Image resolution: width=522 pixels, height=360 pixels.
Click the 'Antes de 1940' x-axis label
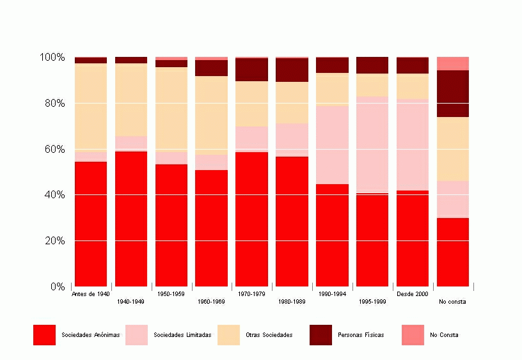coord(91,294)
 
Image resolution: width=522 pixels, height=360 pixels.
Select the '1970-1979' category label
coord(251,294)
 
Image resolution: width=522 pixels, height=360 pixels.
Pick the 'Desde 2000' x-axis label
coord(413,294)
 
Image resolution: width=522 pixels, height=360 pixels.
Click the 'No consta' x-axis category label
coord(452,302)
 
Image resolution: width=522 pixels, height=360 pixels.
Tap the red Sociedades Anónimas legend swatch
coord(44,335)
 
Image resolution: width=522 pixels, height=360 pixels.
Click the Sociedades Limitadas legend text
coord(182,335)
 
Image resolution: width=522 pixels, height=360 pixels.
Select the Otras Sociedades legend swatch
coord(228,335)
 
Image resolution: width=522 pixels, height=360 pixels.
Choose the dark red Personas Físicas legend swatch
coord(320,335)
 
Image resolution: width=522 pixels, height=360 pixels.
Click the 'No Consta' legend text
coord(444,335)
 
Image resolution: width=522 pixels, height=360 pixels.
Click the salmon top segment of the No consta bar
coord(453,63)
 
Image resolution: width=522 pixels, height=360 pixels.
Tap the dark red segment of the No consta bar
coord(453,93)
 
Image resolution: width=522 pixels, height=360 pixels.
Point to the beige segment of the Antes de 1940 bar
coord(91,107)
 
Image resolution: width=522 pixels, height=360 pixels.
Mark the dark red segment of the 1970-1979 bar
coord(251,70)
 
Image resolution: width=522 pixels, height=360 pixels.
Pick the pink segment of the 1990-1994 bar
coord(332,145)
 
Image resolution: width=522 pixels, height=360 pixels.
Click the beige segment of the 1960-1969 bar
coord(211,116)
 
